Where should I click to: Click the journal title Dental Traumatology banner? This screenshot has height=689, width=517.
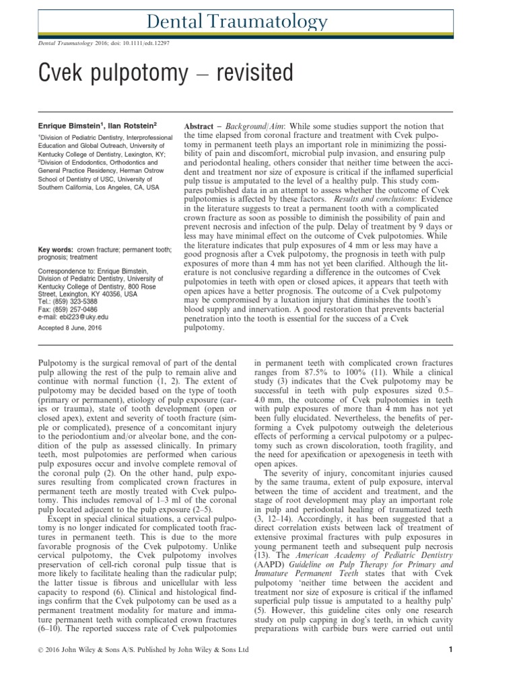(258, 23)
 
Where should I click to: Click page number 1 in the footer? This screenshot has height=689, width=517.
(450, 668)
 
